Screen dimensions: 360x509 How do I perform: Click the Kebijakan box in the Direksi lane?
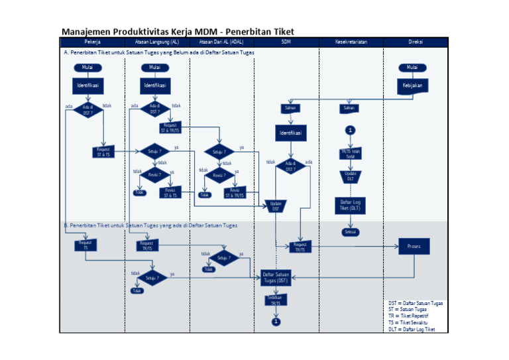[x=412, y=86]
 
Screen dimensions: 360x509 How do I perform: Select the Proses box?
[x=414, y=247]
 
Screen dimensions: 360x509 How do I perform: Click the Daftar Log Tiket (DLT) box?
[x=350, y=205]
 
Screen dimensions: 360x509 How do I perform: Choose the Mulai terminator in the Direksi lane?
[x=412, y=68]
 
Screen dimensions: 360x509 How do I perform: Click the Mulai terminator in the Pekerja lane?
[x=87, y=68]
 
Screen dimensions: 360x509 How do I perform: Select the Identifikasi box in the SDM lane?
[x=292, y=133]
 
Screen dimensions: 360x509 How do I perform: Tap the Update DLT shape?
[x=350, y=176]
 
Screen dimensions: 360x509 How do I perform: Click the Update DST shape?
[x=276, y=206]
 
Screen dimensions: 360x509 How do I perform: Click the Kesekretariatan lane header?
[x=351, y=42]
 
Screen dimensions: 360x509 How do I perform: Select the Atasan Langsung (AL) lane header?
[x=157, y=42]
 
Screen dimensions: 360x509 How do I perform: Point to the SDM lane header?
[x=286, y=42]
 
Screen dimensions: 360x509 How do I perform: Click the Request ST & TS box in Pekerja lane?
[x=103, y=152]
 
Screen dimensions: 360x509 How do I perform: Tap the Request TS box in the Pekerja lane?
[x=85, y=245]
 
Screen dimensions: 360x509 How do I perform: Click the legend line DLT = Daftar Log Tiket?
[x=415, y=329]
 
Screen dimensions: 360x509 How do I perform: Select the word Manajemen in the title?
[x=85, y=31]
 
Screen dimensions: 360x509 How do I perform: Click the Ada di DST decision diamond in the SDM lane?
[x=290, y=166]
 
